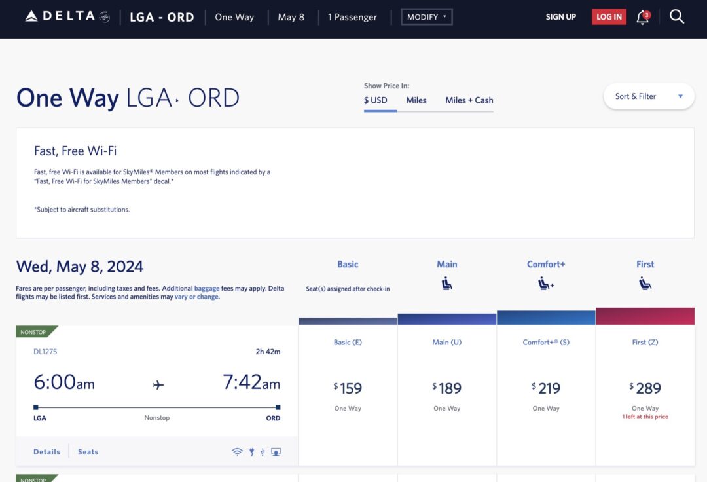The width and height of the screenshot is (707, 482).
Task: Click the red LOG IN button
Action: coord(609,17)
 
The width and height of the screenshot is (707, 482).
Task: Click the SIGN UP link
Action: coord(561,17)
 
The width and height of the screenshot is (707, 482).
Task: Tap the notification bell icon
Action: coord(643,18)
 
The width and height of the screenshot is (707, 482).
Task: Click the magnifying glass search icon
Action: coord(677,17)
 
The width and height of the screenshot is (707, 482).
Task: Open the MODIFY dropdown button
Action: coord(426,17)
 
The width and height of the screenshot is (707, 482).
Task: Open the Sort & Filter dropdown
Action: coord(648,96)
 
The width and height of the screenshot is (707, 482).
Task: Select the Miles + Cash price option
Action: coord(469,100)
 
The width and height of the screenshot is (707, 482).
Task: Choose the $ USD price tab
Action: coord(376,100)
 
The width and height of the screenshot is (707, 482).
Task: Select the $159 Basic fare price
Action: coord(348,388)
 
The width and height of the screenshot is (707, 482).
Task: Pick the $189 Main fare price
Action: coord(447,388)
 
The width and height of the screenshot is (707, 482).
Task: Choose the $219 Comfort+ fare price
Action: coord(546,388)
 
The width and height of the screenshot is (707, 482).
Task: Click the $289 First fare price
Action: coord(645,388)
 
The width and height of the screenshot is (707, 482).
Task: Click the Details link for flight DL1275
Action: coord(46,452)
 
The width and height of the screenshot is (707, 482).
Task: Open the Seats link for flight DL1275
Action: coord(88,452)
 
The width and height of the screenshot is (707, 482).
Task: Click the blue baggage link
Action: coord(207,289)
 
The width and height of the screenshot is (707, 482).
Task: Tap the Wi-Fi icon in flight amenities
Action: coord(237,452)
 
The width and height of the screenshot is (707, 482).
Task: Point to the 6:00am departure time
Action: coord(64,382)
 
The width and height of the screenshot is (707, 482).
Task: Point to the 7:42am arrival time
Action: coord(251,382)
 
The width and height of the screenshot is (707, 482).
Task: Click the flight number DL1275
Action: coord(45,352)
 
